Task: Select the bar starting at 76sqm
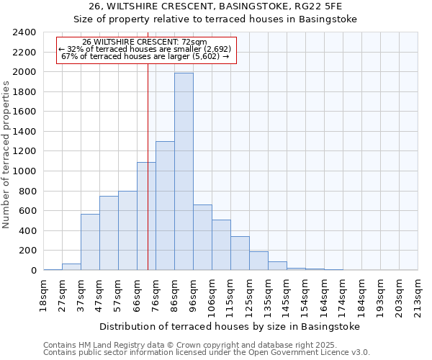pyautogui.click(x=165, y=206)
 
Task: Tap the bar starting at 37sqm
pyautogui.click(x=90, y=242)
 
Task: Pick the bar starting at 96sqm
pyautogui.click(x=202, y=238)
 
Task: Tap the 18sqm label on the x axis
pyautogui.click(x=43, y=293)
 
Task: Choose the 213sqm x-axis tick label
pyautogui.click(x=418, y=293)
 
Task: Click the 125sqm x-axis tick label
pyautogui.click(x=249, y=293)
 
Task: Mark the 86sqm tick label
pyautogui.click(x=174, y=293)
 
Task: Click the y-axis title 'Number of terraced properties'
pyautogui.click(x=7, y=154)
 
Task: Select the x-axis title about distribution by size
pyautogui.click(x=229, y=326)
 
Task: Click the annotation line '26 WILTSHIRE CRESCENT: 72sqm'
pyautogui.click(x=145, y=42)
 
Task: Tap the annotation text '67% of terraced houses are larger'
pyautogui.click(x=145, y=56)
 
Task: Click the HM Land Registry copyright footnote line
pyautogui.click(x=205, y=345)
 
